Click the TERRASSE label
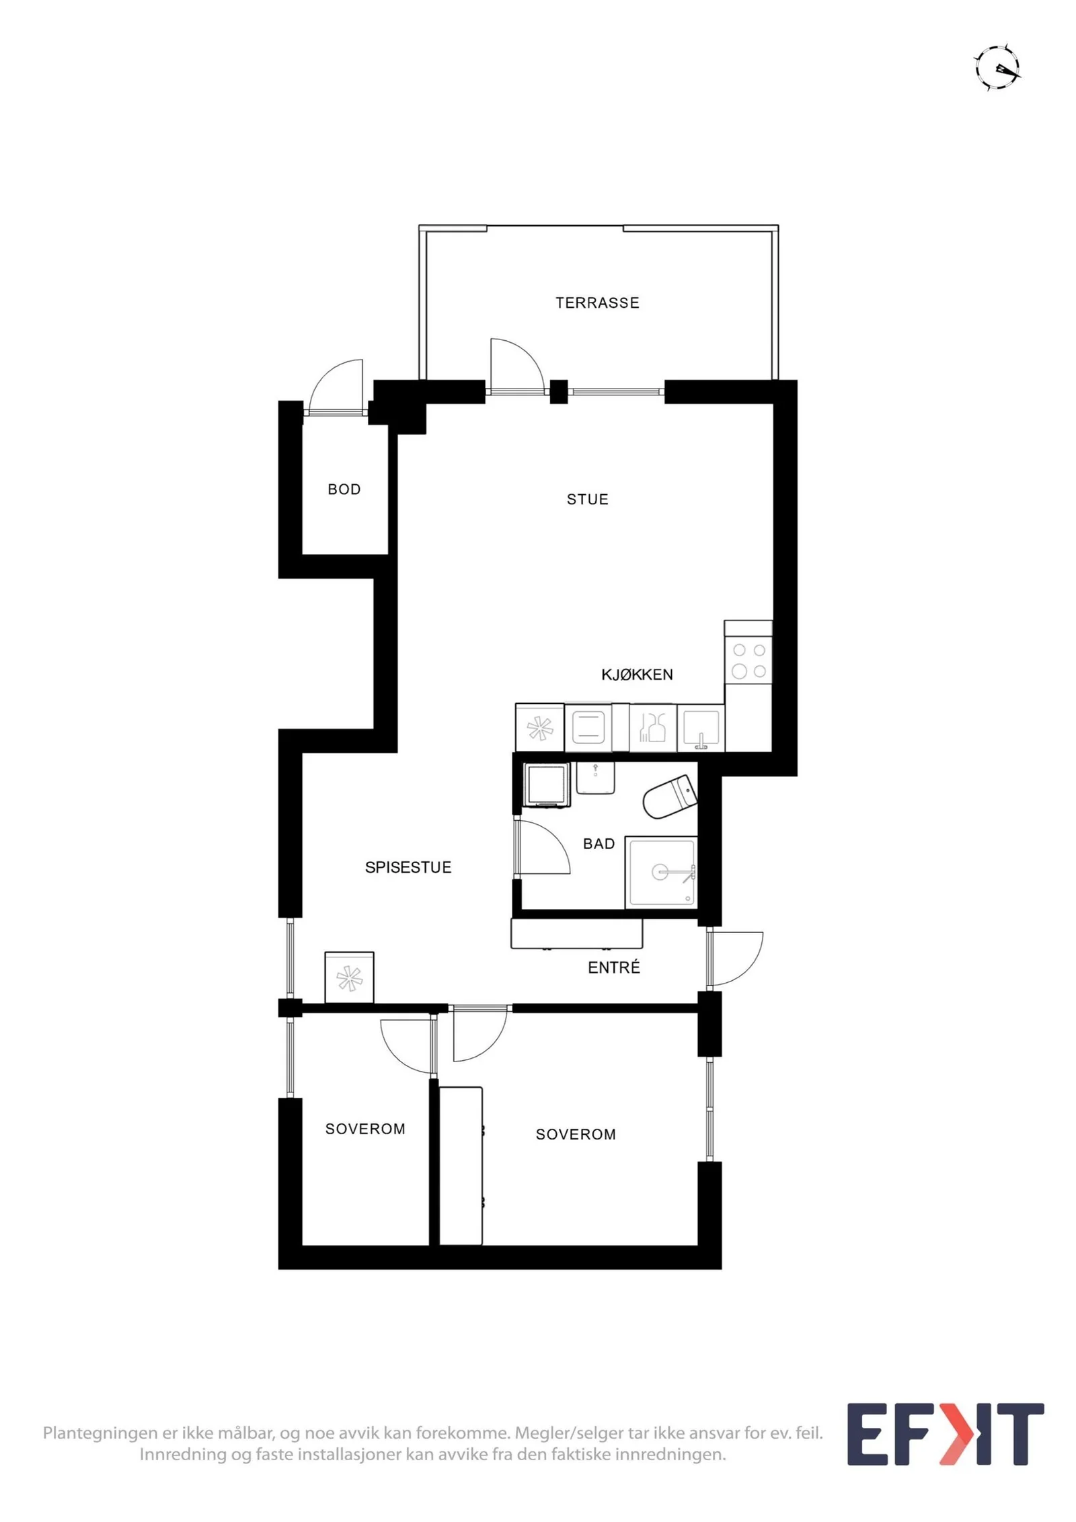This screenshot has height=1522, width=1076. tap(597, 303)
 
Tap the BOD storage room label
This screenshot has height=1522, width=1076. tap(344, 489)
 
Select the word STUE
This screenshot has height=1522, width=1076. tap(588, 499)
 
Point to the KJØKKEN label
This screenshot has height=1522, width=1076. tap(637, 674)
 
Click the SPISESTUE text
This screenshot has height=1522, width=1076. tap(408, 868)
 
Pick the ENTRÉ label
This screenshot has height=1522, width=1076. tap(614, 967)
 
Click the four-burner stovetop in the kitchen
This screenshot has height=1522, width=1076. tap(748, 661)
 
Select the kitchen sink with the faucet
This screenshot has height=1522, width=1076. tap(701, 728)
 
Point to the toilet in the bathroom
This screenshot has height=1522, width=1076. tap(670, 797)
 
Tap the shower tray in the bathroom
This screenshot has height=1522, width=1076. tap(661, 873)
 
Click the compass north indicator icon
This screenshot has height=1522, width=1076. tap(998, 68)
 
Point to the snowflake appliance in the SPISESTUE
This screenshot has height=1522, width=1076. tap(349, 977)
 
